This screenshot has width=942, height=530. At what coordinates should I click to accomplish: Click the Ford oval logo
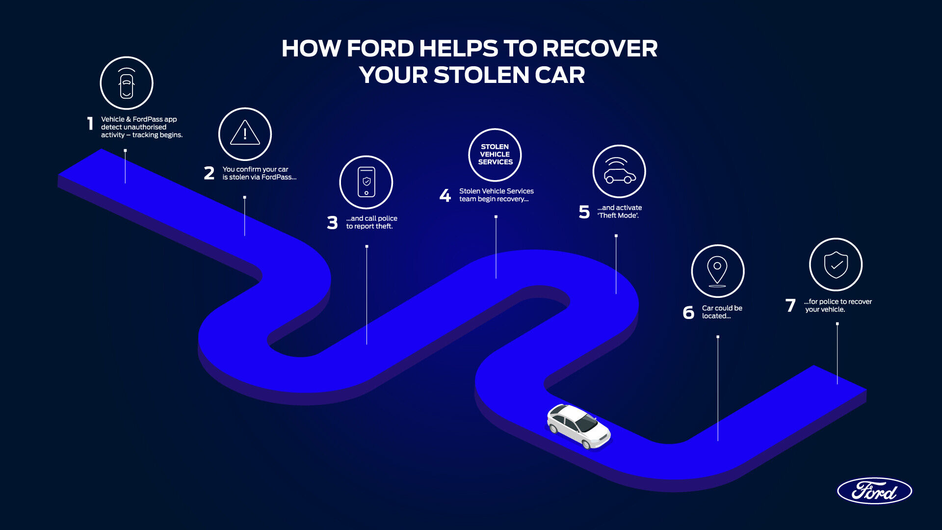coord(874,491)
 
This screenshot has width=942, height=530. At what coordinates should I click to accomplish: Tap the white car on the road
coord(578,426)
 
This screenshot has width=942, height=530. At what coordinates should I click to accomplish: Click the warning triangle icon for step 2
coord(245,134)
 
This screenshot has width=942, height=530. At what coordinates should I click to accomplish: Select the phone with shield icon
coord(366,182)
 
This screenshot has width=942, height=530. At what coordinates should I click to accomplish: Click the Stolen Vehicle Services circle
coord(495,155)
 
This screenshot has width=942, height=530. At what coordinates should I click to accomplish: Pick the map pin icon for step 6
coord(717,271)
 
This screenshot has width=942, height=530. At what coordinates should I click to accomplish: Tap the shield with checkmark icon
coord(836,265)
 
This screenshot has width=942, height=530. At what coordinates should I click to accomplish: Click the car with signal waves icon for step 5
coord(619,171)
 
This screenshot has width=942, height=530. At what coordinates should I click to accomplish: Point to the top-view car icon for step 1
coord(127,83)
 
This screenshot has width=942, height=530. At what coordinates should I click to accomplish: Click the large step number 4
coord(445,196)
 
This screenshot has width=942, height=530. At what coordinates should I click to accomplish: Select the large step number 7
coord(790,306)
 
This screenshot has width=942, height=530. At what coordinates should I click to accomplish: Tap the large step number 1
coord(90,123)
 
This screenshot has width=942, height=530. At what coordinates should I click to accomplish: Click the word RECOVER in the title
coord(600,49)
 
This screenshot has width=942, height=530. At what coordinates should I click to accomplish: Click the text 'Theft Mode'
coord(618,215)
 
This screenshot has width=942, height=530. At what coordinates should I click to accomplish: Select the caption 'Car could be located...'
coord(722,312)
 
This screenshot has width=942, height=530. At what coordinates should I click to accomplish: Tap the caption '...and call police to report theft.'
coord(371,222)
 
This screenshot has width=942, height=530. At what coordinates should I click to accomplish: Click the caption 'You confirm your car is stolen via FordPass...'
coord(259,173)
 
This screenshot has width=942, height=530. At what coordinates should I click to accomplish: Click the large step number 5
coord(584,212)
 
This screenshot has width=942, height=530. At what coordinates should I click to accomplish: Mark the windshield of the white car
coord(586,422)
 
